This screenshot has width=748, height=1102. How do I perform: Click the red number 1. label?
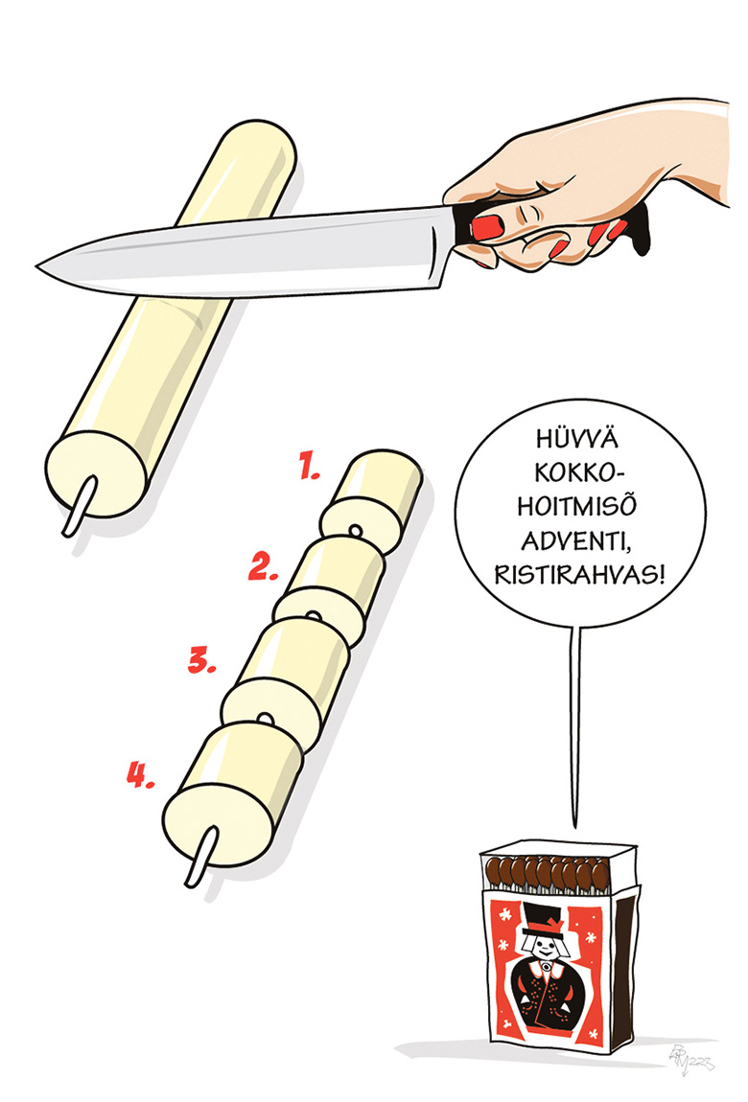[x=310, y=466]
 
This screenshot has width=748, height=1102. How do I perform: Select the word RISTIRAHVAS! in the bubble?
[x=579, y=575]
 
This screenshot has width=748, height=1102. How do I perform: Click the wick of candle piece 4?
[x=201, y=856]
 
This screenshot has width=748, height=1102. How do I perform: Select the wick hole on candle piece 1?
[x=355, y=529]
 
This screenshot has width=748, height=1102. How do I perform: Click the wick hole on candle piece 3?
[x=265, y=719]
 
